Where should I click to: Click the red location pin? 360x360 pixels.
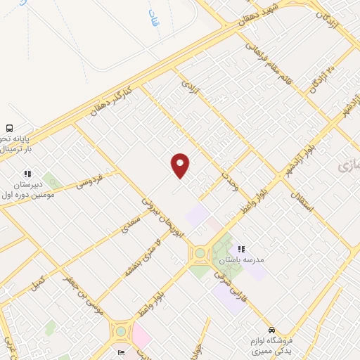tap(181, 165)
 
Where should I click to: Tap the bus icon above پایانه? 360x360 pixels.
tap(11, 129)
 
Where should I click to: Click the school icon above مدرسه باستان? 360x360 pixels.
tap(241, 249)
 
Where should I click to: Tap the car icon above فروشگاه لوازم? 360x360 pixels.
tap(271, 330)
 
